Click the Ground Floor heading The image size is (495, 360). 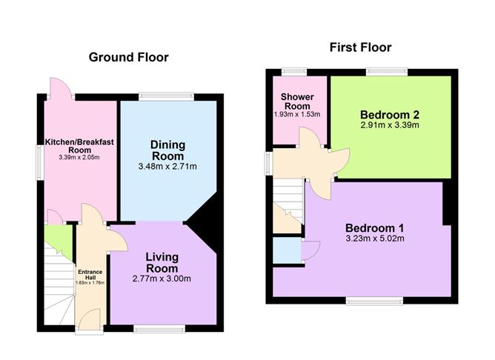click(x=128, y=57)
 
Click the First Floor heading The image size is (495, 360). click(x=361, y=47)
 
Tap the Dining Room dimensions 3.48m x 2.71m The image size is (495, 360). click(x=167, y=166)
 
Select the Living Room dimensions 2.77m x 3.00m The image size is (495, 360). click(x=162, y=279)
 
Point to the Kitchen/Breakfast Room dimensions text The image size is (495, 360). click(x=79, y=157)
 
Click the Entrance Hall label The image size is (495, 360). click(x=90, y=275)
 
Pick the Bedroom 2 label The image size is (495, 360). click(x=390, y=114)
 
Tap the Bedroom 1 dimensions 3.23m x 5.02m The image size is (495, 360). click(x=375, y=239)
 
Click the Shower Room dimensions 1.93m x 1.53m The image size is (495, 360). click(x=297, y=114)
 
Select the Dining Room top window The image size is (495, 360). click(x=167, y=96)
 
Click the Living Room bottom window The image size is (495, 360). click(x=159, y=329)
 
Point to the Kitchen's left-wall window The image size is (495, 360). click(x=40, y=162)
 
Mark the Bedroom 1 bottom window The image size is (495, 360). click(x=374, y=301)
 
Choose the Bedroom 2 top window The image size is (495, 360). click(x=387, y=72)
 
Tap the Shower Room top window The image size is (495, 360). click(x=294, y=72)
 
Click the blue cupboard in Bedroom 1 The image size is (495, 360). click(x=287, y=250)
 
